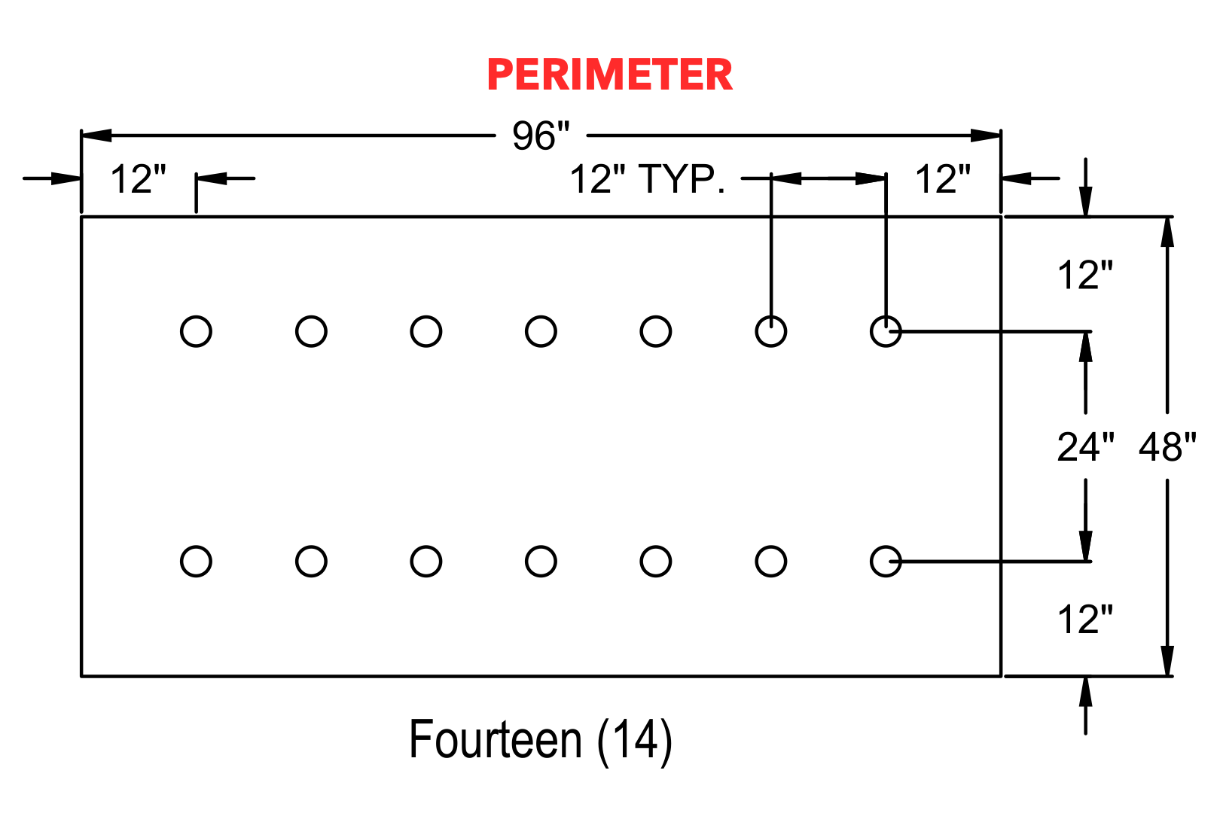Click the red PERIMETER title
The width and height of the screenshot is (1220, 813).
609,75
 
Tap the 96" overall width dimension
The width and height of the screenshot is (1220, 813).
541,135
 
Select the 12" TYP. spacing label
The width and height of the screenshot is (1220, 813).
647,178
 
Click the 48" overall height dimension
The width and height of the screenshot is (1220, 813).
1167,447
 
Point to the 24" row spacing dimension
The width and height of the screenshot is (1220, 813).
1085,447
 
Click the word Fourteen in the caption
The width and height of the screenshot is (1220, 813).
495,739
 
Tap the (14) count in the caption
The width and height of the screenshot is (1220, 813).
635,741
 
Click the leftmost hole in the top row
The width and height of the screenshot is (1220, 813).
196,331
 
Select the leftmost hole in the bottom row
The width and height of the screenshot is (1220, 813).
196,562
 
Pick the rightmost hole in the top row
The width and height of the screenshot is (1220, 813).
886,331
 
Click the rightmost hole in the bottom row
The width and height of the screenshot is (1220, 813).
886,562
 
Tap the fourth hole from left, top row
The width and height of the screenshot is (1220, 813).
541,331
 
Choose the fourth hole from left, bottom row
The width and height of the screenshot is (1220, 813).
541,562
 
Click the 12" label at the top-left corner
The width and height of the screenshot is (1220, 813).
139,178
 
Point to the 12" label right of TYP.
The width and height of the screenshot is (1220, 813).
943,178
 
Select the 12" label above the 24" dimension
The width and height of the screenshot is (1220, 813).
1085,275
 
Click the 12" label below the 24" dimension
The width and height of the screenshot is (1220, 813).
1085,620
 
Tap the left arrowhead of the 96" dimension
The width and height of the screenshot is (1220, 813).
96,135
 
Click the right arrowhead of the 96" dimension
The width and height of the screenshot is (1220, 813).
986,135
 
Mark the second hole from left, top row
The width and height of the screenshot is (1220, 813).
311,331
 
